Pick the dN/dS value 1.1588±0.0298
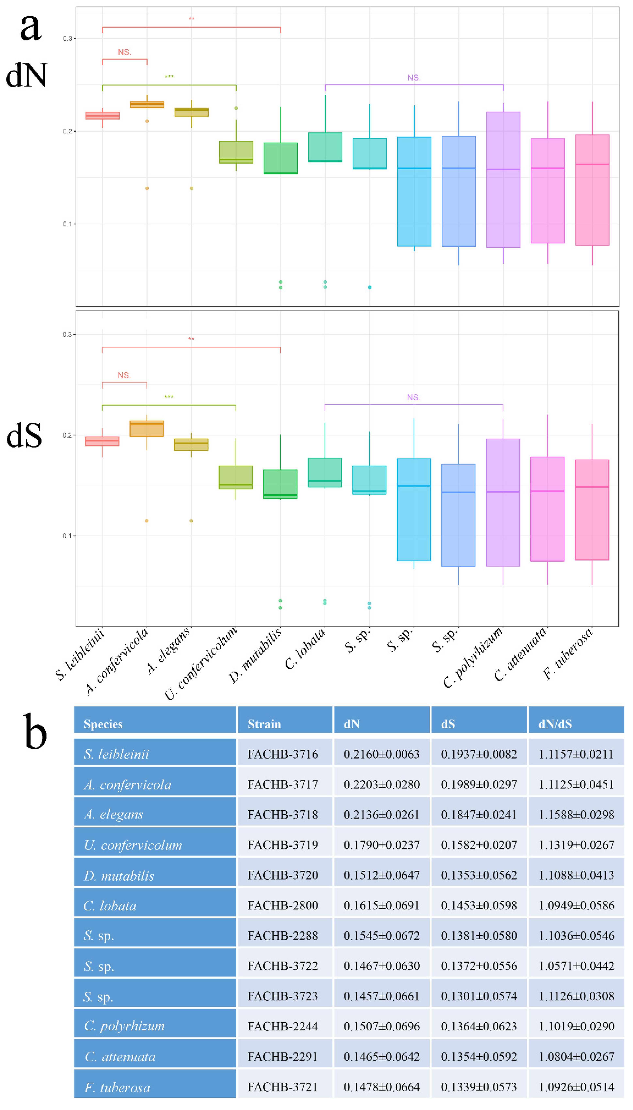[576, 815]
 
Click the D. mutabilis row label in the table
[119, 875]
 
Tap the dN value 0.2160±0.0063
[381, 754]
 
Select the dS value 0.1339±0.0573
[479, 1086]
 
